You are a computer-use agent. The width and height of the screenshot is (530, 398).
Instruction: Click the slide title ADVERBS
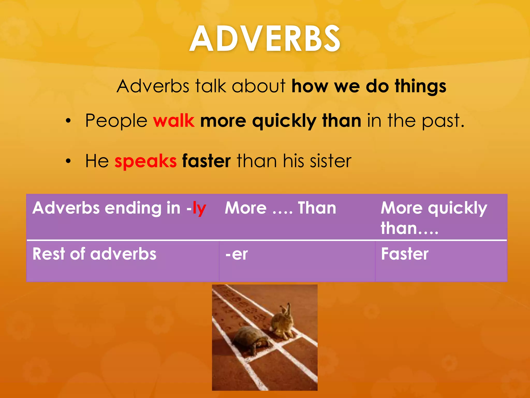tap(265, 39)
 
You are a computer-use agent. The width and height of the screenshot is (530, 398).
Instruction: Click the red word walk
tap(174, 121)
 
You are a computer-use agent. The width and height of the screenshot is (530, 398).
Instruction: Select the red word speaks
tap(145, 161)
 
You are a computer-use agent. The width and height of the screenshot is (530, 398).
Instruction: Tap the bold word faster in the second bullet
tap(206, 161)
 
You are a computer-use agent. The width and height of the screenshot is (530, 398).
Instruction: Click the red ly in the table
tap(199, 209)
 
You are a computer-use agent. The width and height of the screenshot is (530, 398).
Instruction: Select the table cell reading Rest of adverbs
tap(94, 254)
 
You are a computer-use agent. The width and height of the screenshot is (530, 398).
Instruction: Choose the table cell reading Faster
tap(405, 254)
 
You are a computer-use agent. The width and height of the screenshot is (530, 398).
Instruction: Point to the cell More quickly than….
tap(434, 218)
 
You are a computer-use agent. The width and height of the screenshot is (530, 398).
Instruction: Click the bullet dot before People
tap(68, 121)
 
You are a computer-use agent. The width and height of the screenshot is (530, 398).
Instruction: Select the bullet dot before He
tap(68, 161)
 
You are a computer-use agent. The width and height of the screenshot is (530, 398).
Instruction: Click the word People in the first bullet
tap(116, 121)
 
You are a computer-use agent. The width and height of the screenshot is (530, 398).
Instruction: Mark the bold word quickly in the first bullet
tap(284, 121)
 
